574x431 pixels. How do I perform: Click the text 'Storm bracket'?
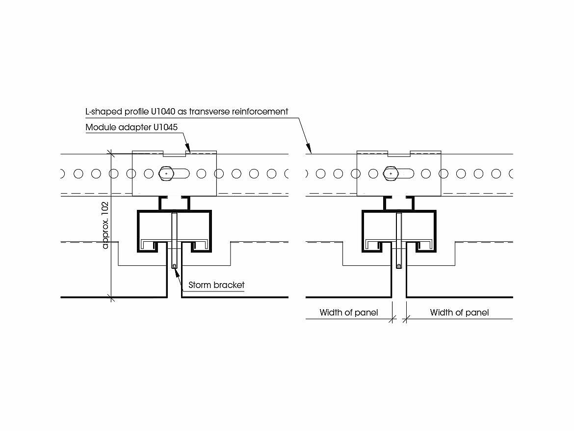coord(216,285)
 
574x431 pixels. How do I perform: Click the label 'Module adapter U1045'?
coord(131,127)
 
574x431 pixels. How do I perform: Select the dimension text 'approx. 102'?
coord(105,225)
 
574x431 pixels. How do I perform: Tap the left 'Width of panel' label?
coord(349,313)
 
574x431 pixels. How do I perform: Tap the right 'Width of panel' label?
coord(459,313)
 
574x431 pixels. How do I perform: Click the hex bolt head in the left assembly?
coord(167,173)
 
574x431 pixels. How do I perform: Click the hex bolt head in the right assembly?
coord(391,173)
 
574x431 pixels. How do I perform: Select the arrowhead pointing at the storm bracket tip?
coord(176,269)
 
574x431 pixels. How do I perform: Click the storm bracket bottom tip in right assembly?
coord(398,266)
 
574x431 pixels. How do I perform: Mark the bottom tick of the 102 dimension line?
coord(112,297)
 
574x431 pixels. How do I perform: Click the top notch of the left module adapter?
coord(174,154)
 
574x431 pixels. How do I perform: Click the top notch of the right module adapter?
coord(398,154)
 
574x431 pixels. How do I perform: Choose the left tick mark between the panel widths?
coord(391,319)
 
